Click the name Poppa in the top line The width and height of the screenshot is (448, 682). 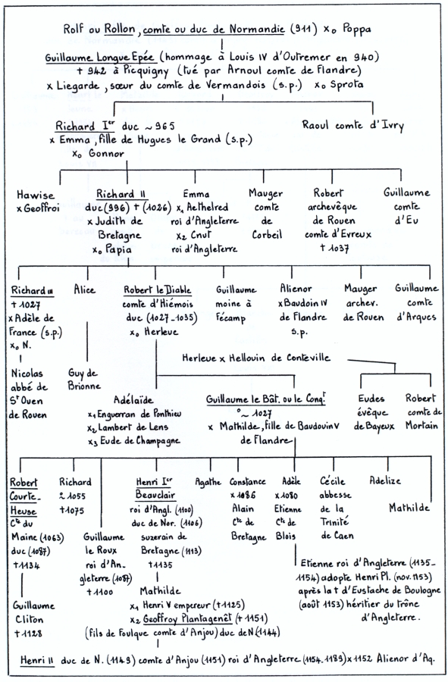(x=357, y=30)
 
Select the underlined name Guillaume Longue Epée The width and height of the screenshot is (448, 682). (x=99, y=58)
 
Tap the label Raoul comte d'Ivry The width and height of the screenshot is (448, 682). (x=352, y=126)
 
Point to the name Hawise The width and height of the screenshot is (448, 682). (x=36, y=195)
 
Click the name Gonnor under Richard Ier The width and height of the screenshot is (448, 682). (x=107, y=154)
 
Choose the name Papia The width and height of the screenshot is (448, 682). (x=117, y=249)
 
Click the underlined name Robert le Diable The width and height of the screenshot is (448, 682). (x=157, y=290)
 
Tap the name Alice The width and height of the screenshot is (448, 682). (x=84, y=289)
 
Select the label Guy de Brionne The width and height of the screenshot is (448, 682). (x=84, y=380)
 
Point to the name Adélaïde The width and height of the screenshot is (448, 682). (x=133, y=399)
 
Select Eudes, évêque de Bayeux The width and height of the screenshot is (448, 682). (x=374, y=412)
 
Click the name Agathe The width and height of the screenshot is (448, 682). (x=208, y=483)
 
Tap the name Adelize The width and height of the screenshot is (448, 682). (x=385, y=480)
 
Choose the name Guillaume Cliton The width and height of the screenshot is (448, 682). (x=33, y=612)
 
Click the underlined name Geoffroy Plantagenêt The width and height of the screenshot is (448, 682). (x=187, y=618)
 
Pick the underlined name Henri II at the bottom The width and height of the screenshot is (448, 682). (x=37, y=660)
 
